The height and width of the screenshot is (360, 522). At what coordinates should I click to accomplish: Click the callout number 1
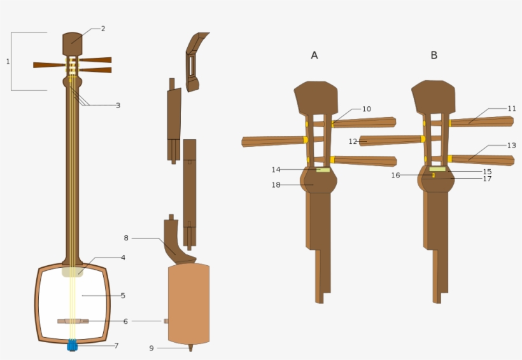coord(8,62)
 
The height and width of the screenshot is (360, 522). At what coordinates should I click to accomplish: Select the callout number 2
coord(103,29)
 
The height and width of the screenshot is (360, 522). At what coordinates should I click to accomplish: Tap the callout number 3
coord(118,106)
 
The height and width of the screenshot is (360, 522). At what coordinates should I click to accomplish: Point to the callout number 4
coord(123,258)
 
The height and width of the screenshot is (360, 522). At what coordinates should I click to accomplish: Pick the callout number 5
coord(123,296)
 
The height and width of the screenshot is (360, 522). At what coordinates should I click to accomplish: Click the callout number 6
coord(125,322)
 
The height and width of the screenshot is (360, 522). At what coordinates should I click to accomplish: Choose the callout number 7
coord(116,346)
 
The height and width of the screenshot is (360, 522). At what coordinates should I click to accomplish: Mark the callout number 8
coord(126,238)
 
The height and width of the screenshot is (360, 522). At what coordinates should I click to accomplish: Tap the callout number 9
coord(152,349)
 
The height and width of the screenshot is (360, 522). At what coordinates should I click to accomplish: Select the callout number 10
coord(366,109)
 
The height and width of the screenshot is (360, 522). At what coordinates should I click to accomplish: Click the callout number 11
coord(512,109)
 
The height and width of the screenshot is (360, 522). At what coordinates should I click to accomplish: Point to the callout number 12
coord(353,141)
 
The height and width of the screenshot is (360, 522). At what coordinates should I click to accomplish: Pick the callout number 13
coord(512,146)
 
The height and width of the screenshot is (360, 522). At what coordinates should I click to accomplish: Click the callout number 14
coord(276,170)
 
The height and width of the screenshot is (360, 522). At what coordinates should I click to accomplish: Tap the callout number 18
coord(276,185)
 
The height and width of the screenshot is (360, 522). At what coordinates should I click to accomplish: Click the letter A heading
coord(314,55)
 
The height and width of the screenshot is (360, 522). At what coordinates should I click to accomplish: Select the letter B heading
coord(434,55)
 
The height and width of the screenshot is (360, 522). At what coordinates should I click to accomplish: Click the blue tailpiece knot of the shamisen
coord(72,345)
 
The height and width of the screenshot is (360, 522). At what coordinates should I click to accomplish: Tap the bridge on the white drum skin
coord(73,321)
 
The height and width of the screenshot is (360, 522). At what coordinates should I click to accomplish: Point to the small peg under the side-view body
coord(190,348)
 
